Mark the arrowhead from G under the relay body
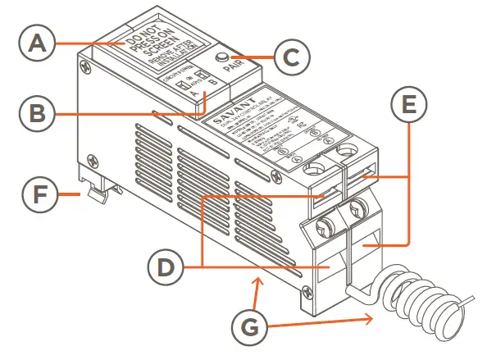pyautogui.click(x=262, y=281)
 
